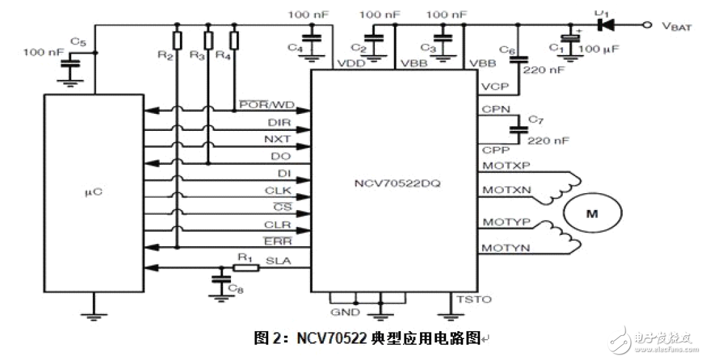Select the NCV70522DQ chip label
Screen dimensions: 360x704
coord(395,183)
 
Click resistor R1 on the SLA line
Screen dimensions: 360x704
coord(245,267)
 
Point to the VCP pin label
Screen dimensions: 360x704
coord(493,85)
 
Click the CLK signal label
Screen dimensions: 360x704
coord(279,191)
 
